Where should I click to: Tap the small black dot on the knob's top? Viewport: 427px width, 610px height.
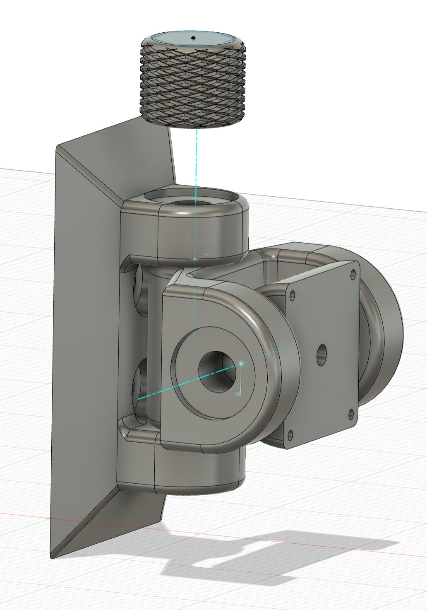coord(193,38)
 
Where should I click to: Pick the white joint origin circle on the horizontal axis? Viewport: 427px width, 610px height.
coord(241,364)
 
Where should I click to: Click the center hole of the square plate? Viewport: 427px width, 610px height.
coord(321,354)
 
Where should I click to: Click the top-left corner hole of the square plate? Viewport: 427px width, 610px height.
coord(293,296)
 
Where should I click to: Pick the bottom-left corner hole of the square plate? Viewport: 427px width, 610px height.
coord(290,434)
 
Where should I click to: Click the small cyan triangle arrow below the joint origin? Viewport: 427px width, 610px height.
coord(238,393)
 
